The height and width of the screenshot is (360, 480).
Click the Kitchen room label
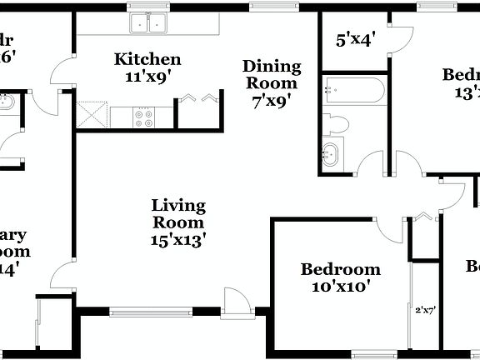tap(147, 60)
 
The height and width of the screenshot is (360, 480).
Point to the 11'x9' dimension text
tap(147, 76)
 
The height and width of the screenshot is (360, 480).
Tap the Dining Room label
tap(272, 74)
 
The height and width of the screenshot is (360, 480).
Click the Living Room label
tap(178, 214)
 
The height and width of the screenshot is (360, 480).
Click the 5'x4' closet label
tap(355, 38)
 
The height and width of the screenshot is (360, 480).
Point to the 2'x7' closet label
tap(425, 309)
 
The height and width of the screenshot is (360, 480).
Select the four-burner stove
tap(144, 116)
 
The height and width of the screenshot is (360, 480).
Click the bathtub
tap(352, 87)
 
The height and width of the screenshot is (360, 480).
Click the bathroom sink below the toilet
tap(332, 155)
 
